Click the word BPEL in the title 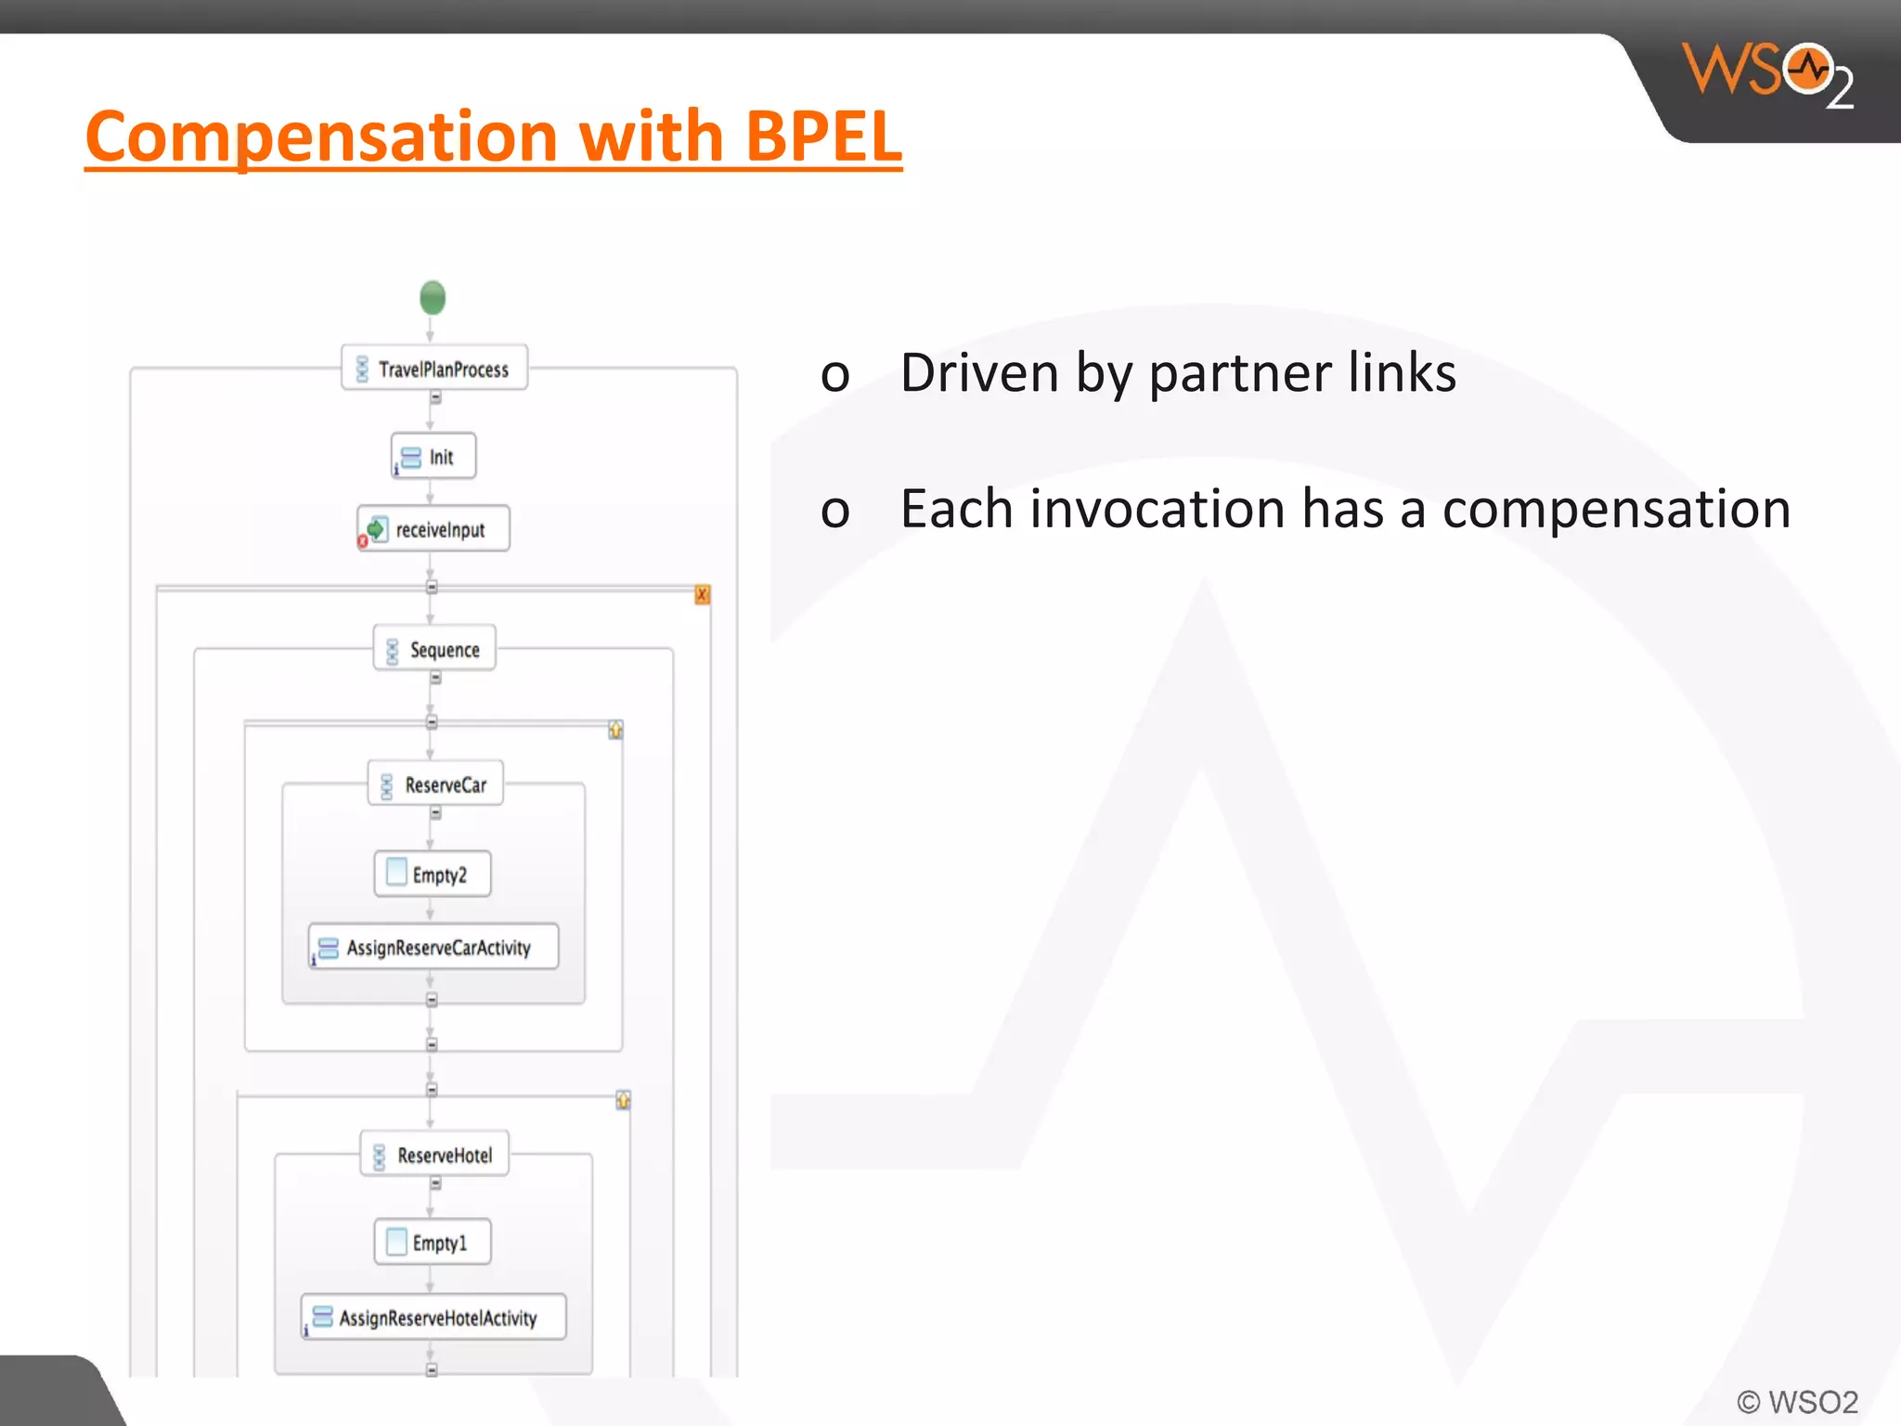822,136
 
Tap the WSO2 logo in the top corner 1766,74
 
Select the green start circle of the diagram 433,298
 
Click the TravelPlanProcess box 434,369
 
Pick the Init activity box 433,456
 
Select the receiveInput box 434,529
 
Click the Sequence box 434,649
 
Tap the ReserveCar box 435,784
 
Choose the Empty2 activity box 433,875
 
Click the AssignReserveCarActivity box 433,947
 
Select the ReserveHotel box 434,1155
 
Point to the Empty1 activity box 433,1242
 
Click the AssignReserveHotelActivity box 433,1317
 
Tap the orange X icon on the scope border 703,595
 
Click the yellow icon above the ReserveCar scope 615,730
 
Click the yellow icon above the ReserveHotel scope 623,1100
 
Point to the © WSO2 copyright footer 1797,1401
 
